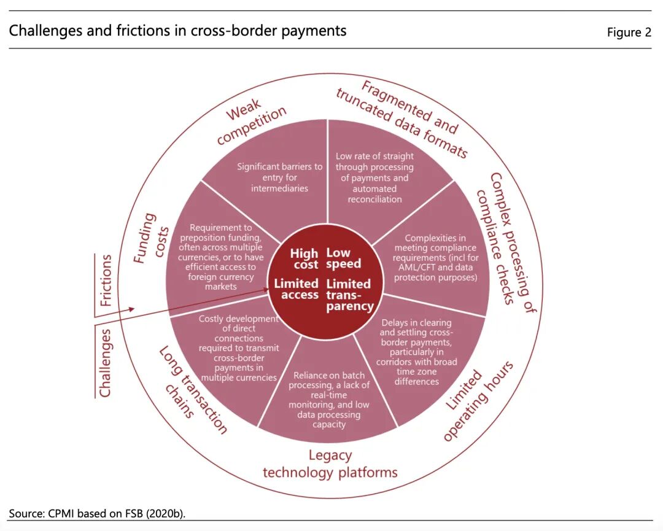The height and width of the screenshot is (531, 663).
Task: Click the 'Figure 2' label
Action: click(629, 33)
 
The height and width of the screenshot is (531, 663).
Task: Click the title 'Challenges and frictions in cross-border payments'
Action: click(177, 31)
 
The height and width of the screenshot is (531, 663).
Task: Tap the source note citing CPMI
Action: click(97, 513)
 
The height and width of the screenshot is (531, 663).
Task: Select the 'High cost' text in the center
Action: click(304, 258)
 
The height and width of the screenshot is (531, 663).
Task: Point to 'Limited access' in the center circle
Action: click(297, 289)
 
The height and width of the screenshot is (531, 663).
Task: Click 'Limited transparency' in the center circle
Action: click(349, 295)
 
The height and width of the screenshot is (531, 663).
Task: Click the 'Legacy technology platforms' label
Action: click(330, 464)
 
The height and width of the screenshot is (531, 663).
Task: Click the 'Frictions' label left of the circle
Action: click(106, 280)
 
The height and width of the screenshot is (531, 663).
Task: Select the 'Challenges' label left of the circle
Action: click(105, 363)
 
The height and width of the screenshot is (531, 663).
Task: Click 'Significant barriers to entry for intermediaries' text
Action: click(279, 177)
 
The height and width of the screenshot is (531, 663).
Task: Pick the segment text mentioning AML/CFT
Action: click(435, 258)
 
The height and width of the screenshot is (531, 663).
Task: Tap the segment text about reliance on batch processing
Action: click(329, 400)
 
